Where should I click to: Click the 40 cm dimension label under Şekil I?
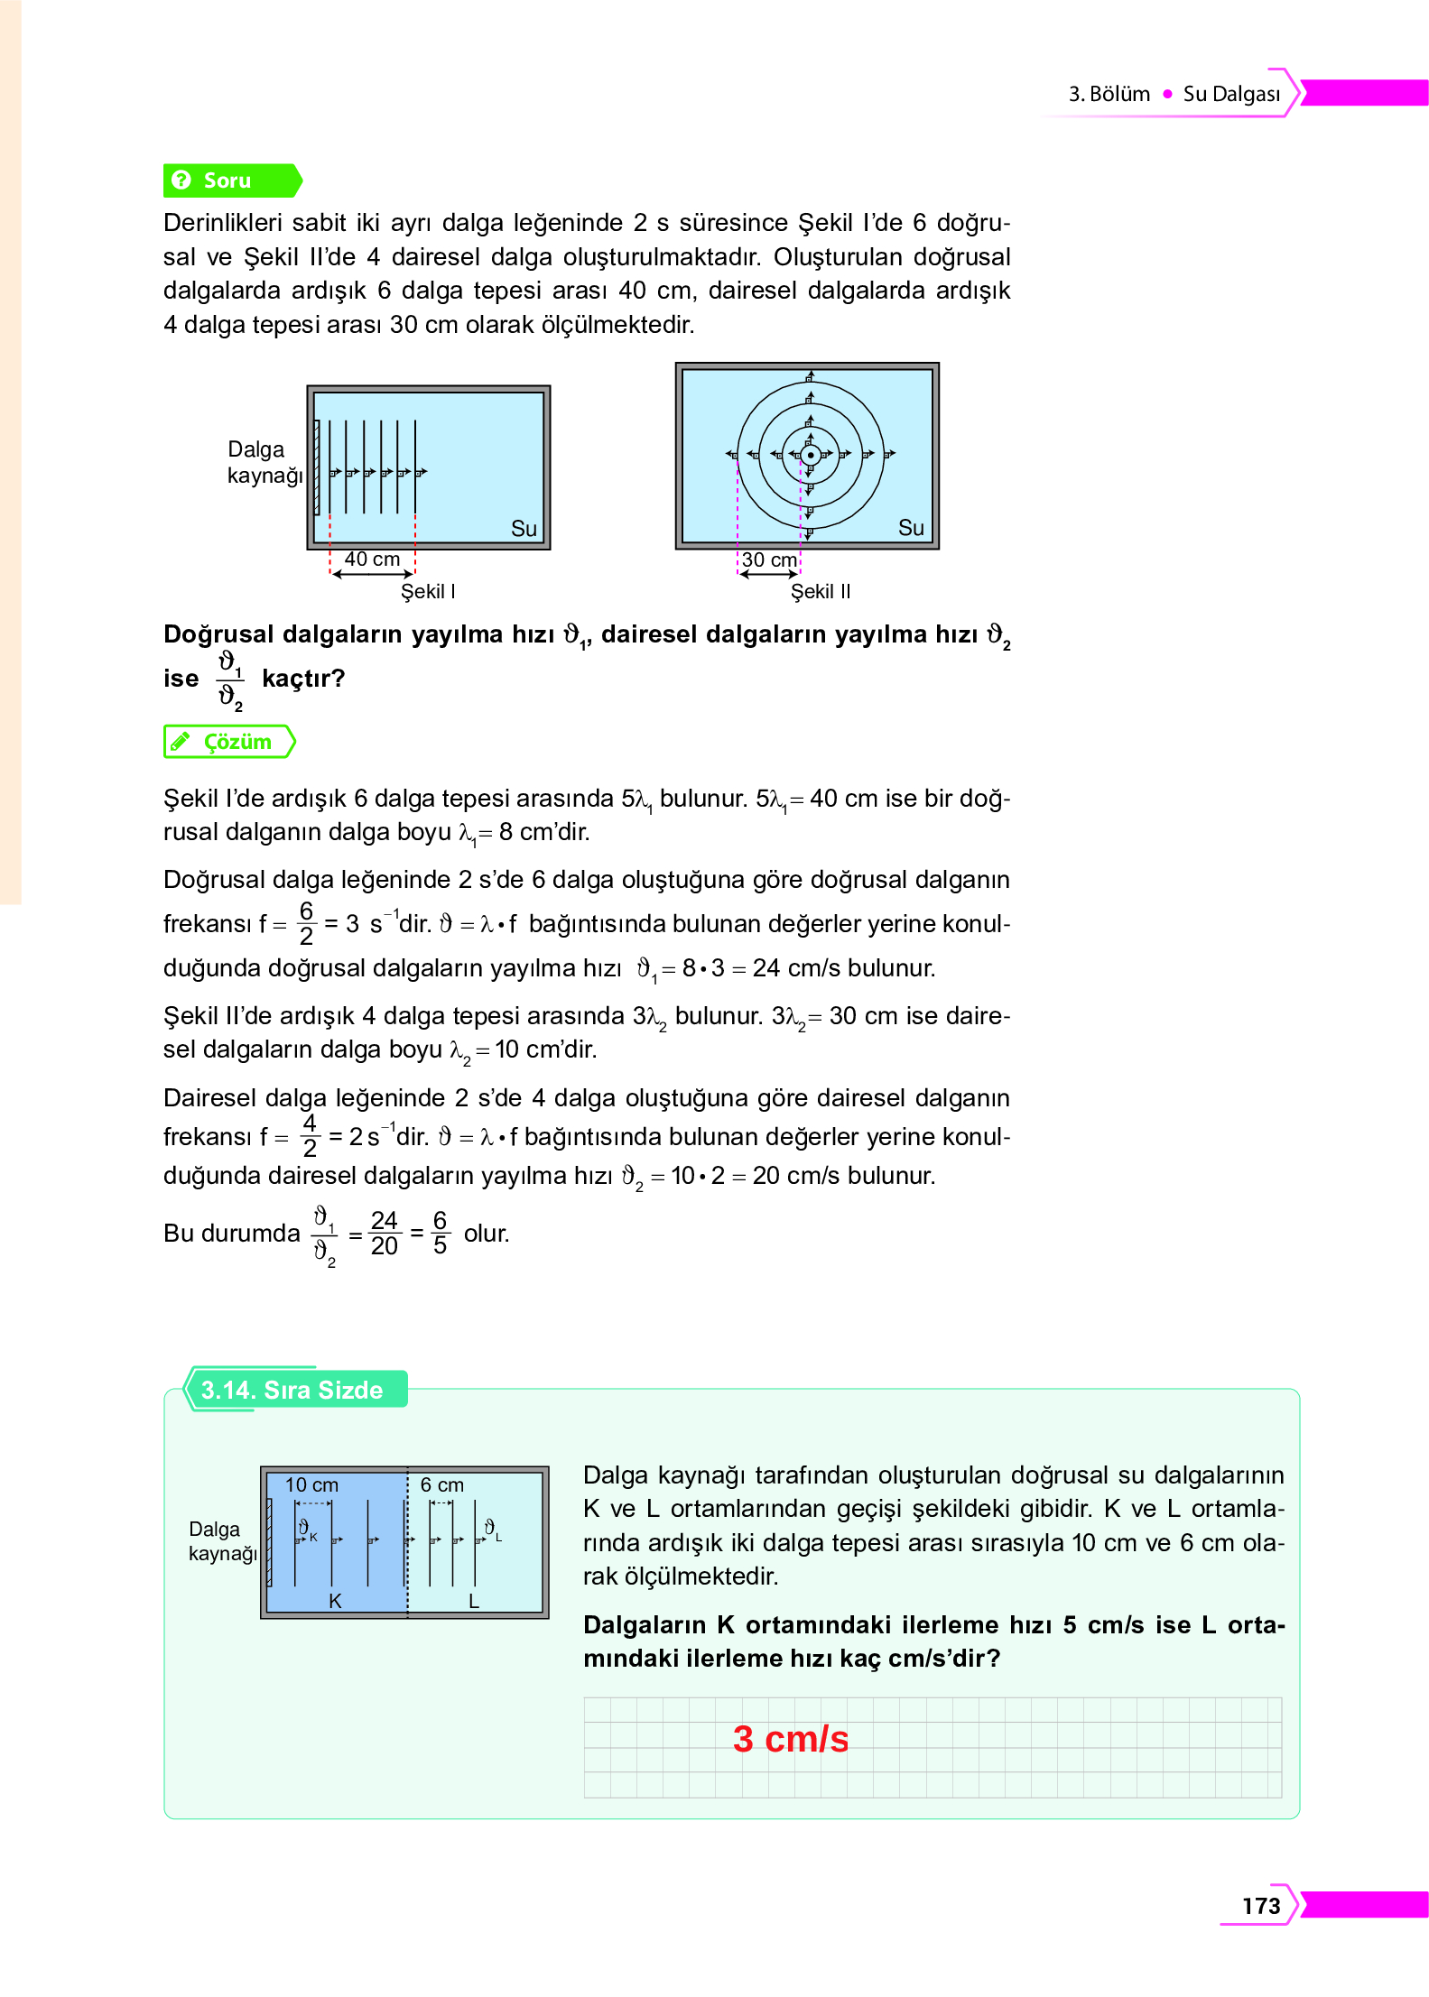tap(372, 559)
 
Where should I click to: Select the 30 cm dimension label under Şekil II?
tap(769, 560)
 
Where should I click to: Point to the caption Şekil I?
tap(428, 592)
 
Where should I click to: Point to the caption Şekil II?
tap(821, 592)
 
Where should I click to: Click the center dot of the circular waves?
tap(811, 455)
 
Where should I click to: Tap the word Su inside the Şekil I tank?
tap(524, 529)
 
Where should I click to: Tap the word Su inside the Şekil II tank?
tap(911, 528)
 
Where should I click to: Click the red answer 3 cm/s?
tap(791, 1739)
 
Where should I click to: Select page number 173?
tap(1261, 1906)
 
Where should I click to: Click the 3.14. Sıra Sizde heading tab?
tap(292, 1390)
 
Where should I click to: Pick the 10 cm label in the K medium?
tap(311, 1485)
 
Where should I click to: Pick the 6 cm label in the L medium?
tap(442, 1485)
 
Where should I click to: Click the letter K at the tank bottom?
tap(335, 1601)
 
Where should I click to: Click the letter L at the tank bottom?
tap(474, 1601)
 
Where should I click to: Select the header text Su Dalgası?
tap(1231, 94)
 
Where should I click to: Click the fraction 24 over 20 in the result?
tap(384, 1234)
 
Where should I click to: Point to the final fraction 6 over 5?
tap(440, 1234)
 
